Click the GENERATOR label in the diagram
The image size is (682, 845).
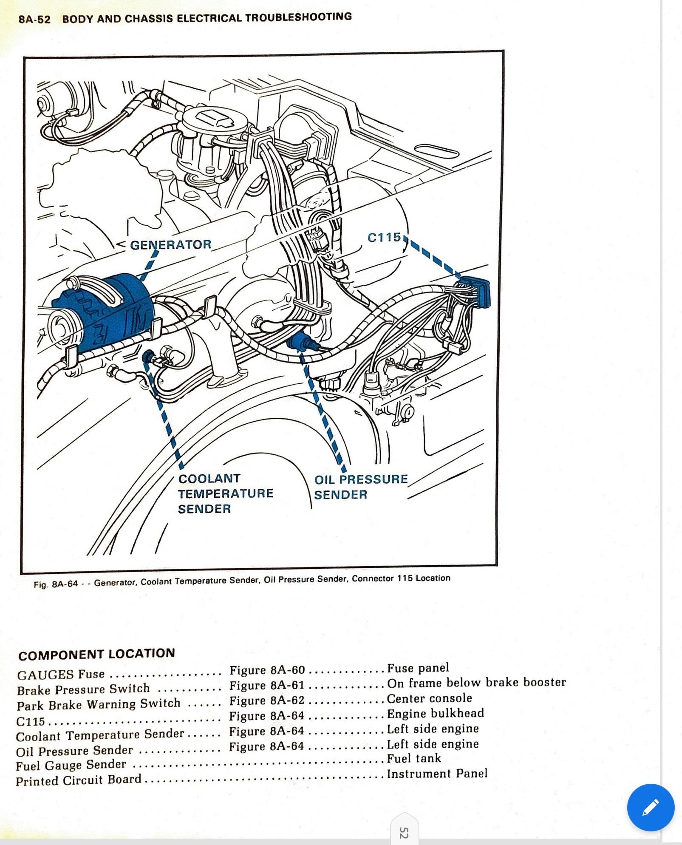coord(170,245)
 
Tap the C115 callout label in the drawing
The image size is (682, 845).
coord(384,237)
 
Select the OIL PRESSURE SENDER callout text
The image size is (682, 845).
coord(361,487)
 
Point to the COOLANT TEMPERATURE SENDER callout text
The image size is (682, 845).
coord(225,493)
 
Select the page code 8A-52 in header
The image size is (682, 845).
coord(34,20)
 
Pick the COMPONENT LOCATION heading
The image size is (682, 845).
coord(96,654)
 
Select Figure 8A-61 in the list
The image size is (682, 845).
coord(267,685)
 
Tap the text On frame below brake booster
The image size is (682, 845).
coord(476,683)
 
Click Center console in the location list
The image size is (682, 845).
coord(429,698)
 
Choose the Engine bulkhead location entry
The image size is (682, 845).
coord(435,713)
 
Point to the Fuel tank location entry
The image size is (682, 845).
coord(414,758)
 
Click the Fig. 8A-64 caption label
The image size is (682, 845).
coord(56,584)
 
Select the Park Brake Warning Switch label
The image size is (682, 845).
coord(99,704)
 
